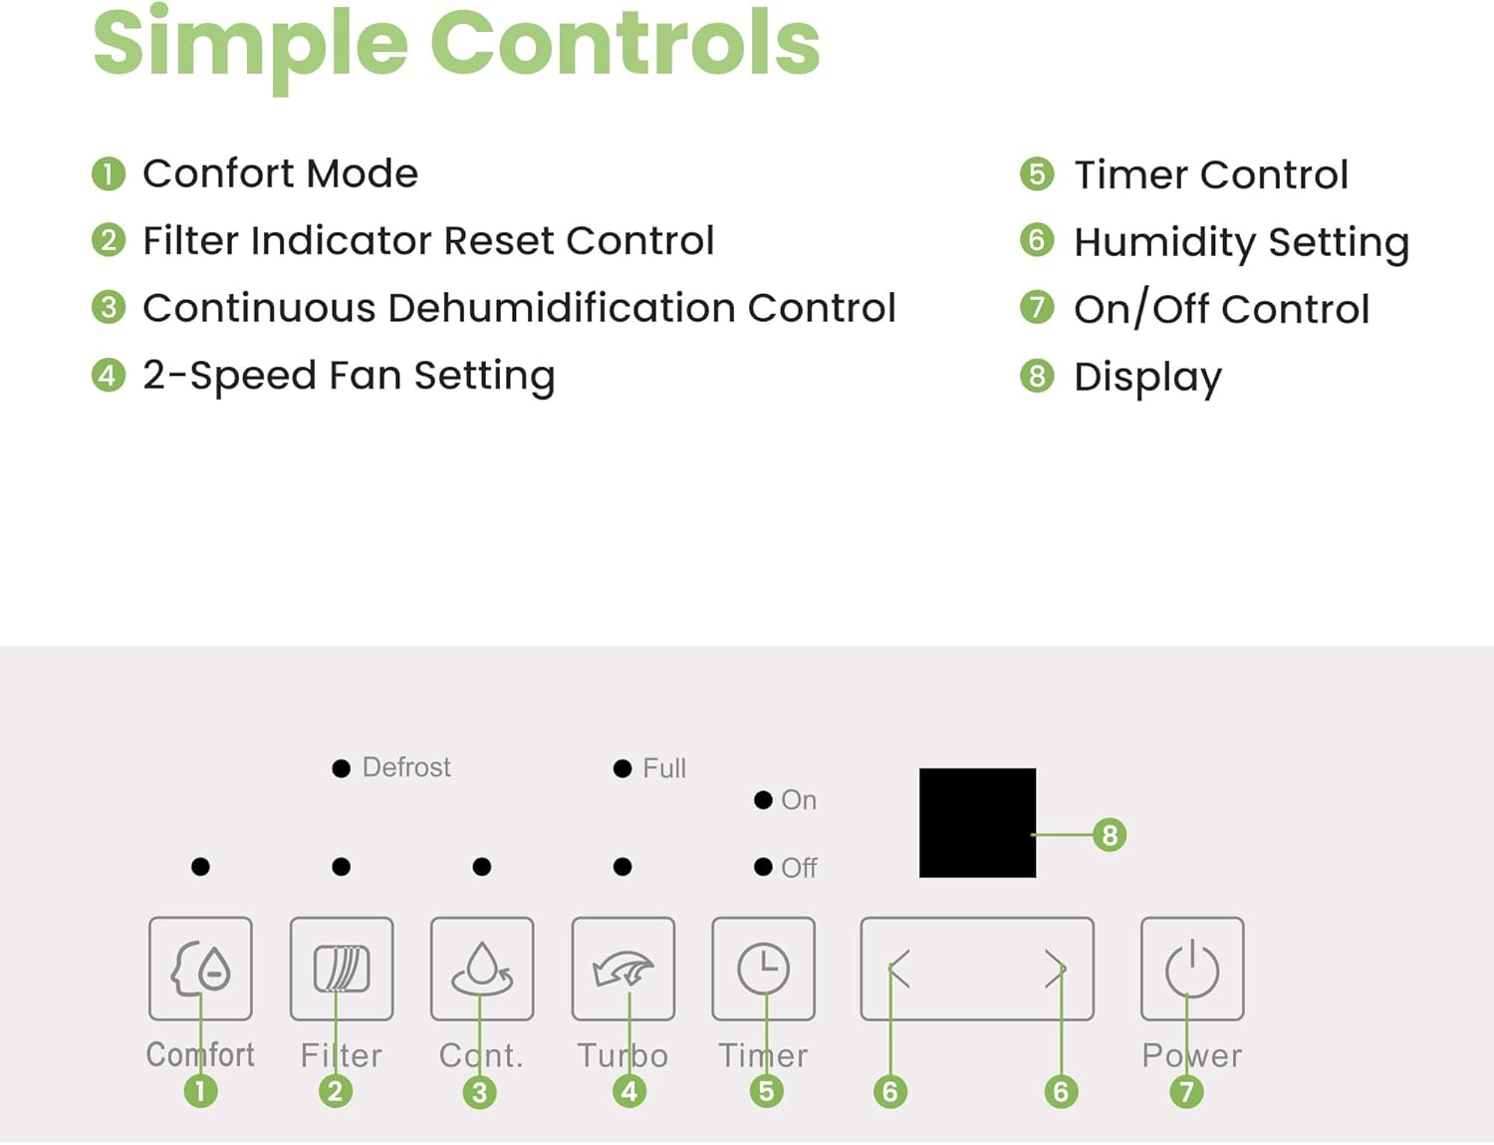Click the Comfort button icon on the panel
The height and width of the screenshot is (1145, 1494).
coord(200,969)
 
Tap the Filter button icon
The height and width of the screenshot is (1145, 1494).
coord(342,969)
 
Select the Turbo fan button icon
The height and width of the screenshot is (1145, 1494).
coord(622,969)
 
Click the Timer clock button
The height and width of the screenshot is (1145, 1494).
coord(763,969)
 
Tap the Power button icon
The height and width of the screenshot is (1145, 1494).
coord(1192,969)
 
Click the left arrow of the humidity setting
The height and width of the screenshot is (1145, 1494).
coord(899,969)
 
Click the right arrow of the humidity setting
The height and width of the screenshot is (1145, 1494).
coord(1055,969)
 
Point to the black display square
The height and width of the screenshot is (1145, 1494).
coord(978,822)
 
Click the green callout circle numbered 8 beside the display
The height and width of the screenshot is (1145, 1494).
coord(1110,835)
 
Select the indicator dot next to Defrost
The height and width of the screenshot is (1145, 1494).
coord(341,768)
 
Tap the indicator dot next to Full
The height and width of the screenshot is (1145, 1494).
coord(622,768)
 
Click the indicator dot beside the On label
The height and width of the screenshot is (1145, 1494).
coord(763,800)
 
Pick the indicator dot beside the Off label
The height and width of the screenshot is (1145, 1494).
coord(763,867)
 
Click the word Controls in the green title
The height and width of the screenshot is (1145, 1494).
coord(624,44)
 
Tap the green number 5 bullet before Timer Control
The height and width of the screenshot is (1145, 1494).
coord(1037,174)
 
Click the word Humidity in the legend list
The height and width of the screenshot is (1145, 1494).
coord(1164,243)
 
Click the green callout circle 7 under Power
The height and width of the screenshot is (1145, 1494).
coord(1186,1091)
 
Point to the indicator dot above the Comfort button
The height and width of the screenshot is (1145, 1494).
coord(200,867)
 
